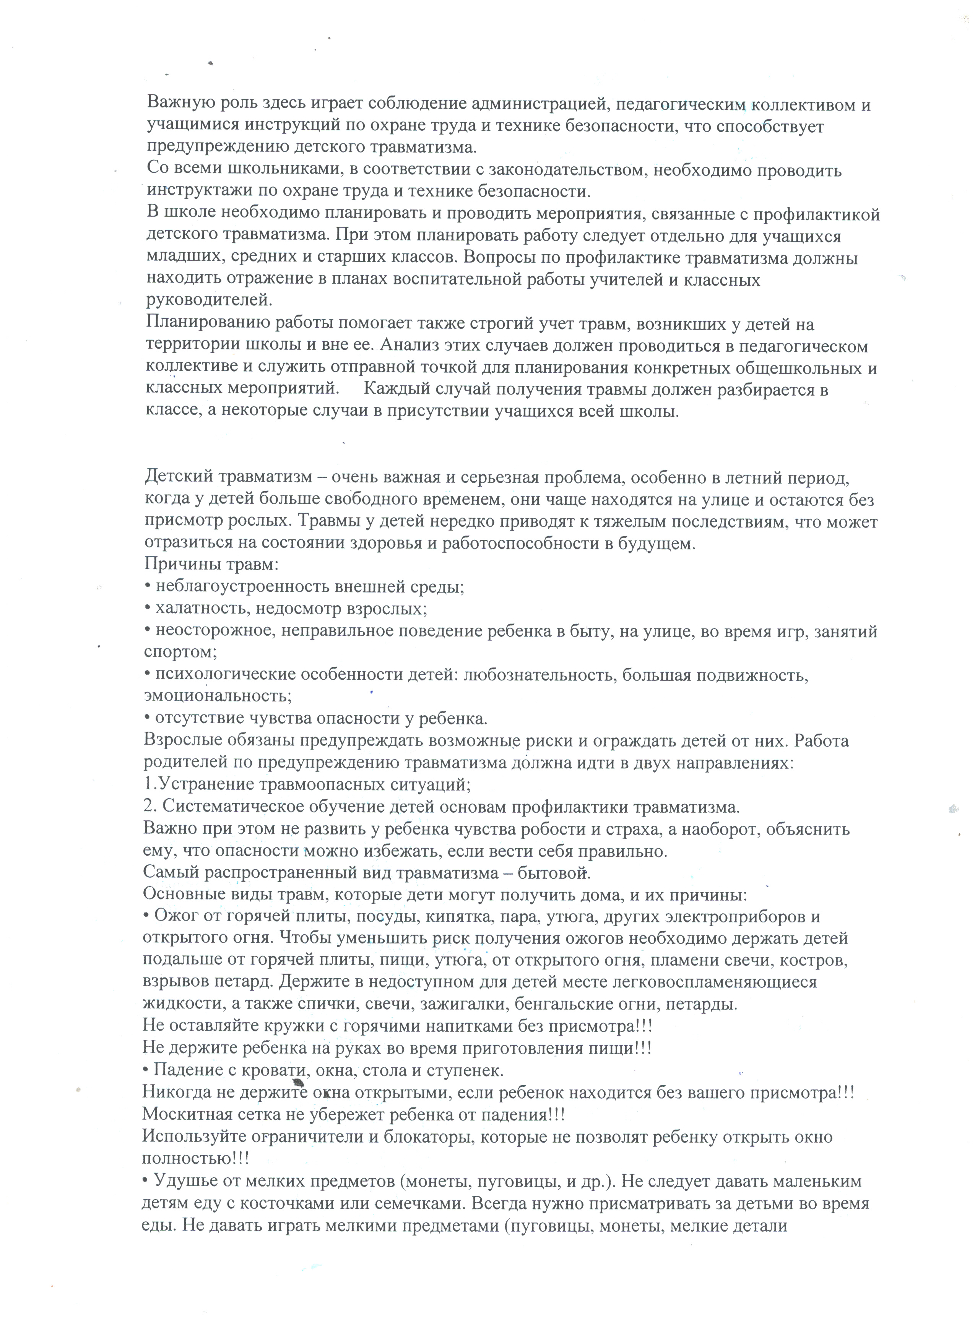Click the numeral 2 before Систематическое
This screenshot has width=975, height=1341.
tap(148, 807)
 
